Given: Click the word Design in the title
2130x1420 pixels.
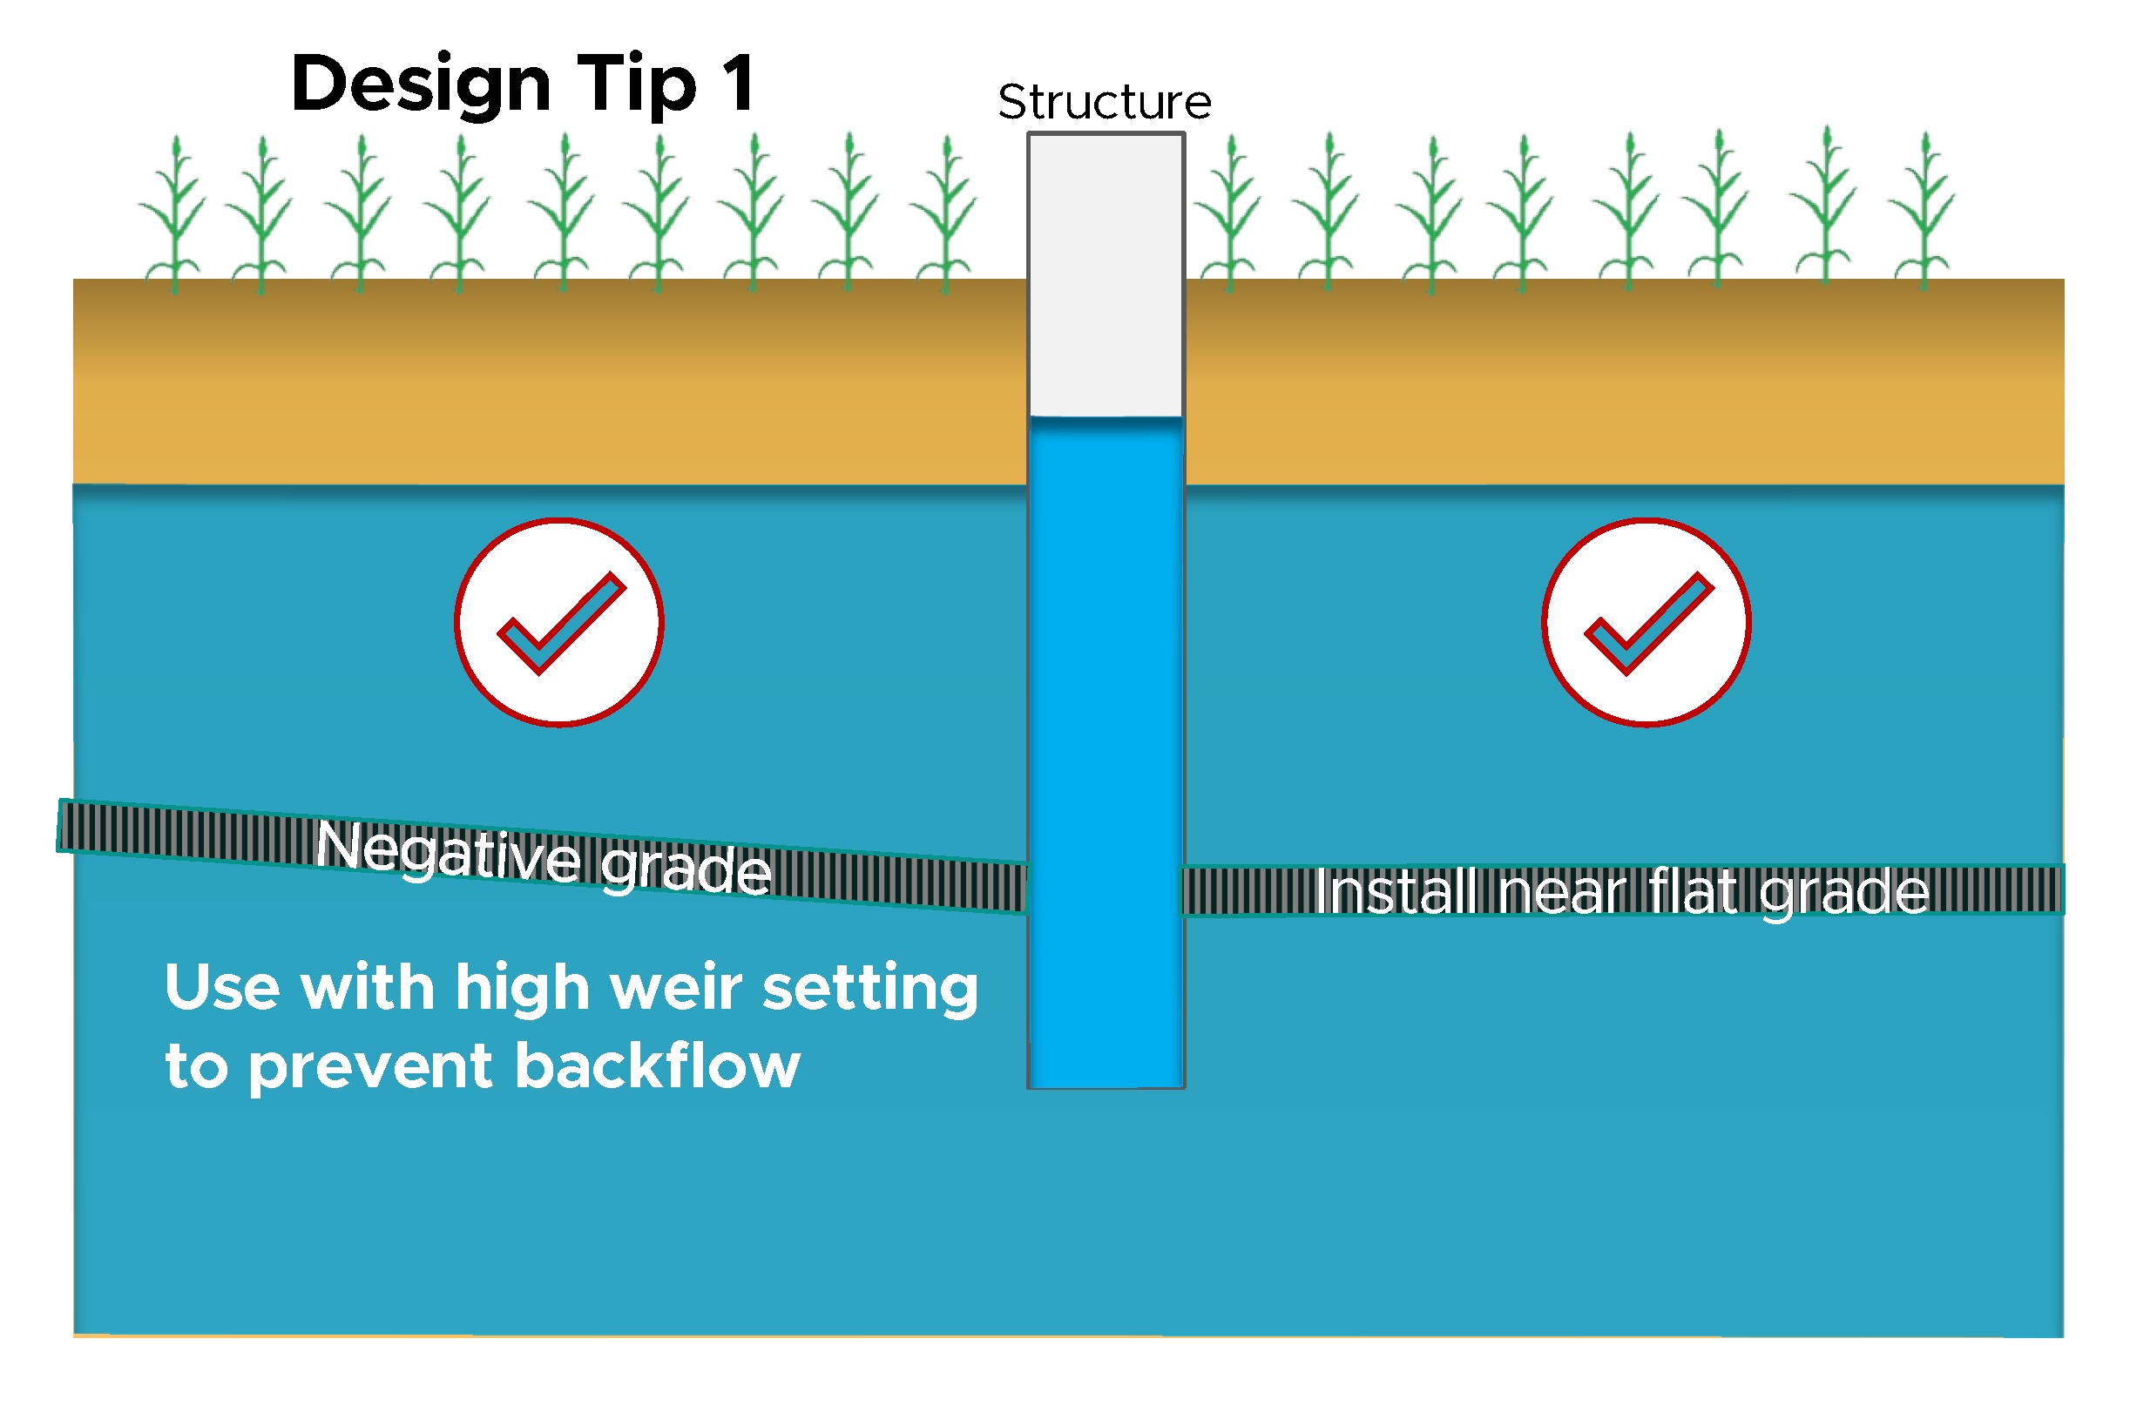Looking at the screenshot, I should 420,85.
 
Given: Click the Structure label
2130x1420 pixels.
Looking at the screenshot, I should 1104,101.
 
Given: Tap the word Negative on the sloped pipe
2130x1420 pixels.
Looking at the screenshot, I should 449,851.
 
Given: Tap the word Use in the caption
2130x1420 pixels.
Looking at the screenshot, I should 222,988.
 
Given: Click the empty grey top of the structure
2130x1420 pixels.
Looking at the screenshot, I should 1106,272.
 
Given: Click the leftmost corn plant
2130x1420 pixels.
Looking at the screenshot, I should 175,217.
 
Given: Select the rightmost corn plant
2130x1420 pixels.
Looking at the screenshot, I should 1924,213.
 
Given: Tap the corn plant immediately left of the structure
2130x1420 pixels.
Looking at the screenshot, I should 945,217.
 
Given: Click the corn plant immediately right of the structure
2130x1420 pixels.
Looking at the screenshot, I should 1230,217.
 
